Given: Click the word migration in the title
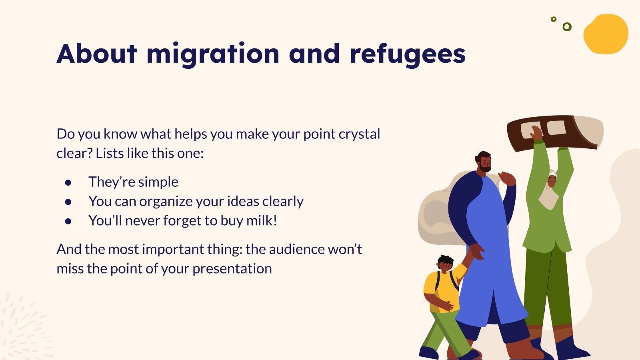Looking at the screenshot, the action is coord(213,54).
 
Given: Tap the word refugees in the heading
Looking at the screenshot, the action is coord(408,54).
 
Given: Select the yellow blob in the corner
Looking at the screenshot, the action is coord(606,34).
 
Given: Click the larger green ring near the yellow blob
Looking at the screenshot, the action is coord(567,27).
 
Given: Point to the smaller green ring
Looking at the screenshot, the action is coord(554,19).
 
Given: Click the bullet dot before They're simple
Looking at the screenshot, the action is coord(68,182).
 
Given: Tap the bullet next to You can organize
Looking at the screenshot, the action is coord(68,202).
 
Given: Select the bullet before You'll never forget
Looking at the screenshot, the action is coord(68,221).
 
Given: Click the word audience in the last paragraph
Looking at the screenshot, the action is coord(296,249).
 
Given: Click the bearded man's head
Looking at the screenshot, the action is coord(484,162).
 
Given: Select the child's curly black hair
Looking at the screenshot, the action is coord(445,260).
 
